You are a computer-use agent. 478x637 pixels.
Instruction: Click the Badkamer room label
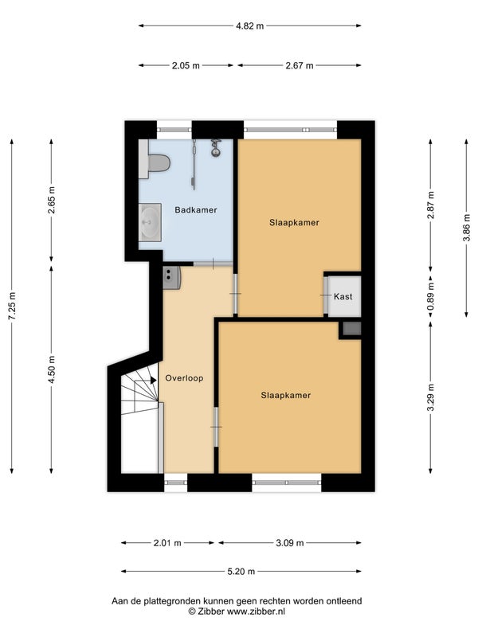195,210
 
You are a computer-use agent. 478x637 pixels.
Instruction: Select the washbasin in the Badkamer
150,222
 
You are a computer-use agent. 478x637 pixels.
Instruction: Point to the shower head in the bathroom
215,147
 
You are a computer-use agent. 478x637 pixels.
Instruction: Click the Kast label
343,296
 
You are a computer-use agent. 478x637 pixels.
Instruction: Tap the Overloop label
184,378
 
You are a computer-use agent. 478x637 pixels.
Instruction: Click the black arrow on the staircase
153,381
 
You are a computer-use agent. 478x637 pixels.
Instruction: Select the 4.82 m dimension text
250,26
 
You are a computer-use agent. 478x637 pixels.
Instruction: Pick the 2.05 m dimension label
186,65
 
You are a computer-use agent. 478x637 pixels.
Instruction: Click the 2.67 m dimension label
300,65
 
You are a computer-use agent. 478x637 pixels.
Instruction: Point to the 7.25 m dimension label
12,306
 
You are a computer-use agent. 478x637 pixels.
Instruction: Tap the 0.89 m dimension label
430,295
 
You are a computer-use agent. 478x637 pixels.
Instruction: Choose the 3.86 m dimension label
466,228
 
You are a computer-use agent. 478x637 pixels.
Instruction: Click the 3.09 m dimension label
290,543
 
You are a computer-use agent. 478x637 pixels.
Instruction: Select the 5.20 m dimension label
241,572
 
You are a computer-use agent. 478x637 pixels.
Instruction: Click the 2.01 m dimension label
167,543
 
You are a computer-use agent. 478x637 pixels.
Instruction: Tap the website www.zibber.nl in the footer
256,612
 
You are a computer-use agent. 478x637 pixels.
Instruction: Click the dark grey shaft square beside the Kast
351,328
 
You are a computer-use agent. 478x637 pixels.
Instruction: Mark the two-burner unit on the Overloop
171,278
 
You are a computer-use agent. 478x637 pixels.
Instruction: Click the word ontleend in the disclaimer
344,601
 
